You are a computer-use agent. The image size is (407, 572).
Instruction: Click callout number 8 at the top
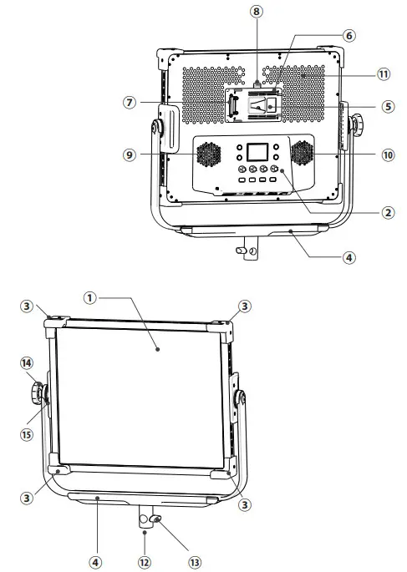257,13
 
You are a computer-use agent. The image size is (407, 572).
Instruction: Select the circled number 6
348,37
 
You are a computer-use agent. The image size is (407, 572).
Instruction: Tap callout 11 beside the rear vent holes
383,74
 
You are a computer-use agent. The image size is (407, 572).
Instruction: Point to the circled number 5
387,107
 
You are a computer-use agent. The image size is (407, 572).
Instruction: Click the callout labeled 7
128,102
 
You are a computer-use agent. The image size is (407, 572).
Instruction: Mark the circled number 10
388,154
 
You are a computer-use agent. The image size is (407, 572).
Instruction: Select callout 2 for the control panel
387,213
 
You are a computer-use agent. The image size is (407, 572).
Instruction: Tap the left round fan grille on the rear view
208,154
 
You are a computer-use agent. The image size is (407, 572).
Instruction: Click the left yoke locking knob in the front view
39,392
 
